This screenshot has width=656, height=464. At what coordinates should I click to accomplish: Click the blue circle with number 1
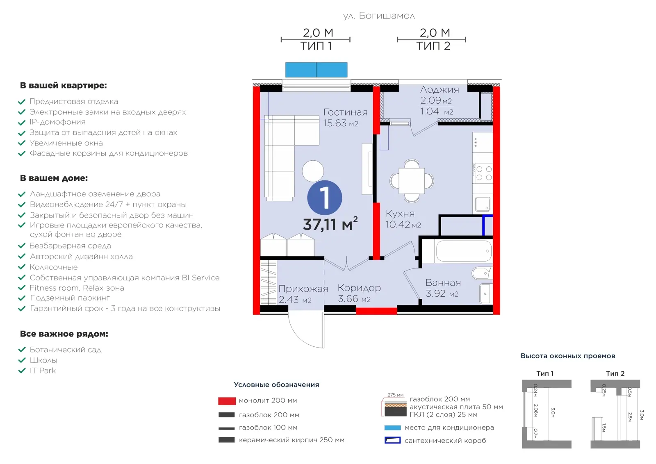click(x=324, y=198)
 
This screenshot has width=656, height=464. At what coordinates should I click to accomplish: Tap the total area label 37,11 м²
click(x=330, y=224)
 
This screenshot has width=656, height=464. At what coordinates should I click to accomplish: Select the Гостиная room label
click(x=345, y=112)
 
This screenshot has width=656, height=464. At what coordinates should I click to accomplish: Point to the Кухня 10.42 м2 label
click(x=403, y=219)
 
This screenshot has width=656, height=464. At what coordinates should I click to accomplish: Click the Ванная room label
click(x=443, y=282)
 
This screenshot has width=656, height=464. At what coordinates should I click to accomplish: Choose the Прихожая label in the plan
click(x=303, y=289)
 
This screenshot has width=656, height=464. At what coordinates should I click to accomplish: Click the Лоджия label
click(x=440, y=90)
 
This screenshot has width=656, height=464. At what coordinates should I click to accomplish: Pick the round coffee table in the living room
click(x=313, y=171)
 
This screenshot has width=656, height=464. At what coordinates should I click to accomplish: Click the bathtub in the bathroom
click(x=464, y=251)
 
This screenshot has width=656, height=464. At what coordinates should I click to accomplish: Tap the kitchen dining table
click(x=412, y=181)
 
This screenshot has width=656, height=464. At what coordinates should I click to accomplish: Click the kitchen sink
click(x=483, y=204)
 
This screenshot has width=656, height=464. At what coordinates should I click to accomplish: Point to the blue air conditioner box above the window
click(x=316, y=70)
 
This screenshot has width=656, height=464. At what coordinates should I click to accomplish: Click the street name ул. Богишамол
click(x=379, y=16)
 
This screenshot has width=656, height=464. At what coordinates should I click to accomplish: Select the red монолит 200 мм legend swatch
click(x=227, y=401)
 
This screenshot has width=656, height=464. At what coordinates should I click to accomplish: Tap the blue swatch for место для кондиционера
click(x=392, y=428)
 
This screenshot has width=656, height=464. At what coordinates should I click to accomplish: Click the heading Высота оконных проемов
click(x=568, y=356)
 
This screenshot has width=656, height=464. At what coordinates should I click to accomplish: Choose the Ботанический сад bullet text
click(x=66, y=350)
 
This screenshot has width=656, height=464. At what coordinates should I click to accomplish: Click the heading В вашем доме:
click(x=54, y=178)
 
